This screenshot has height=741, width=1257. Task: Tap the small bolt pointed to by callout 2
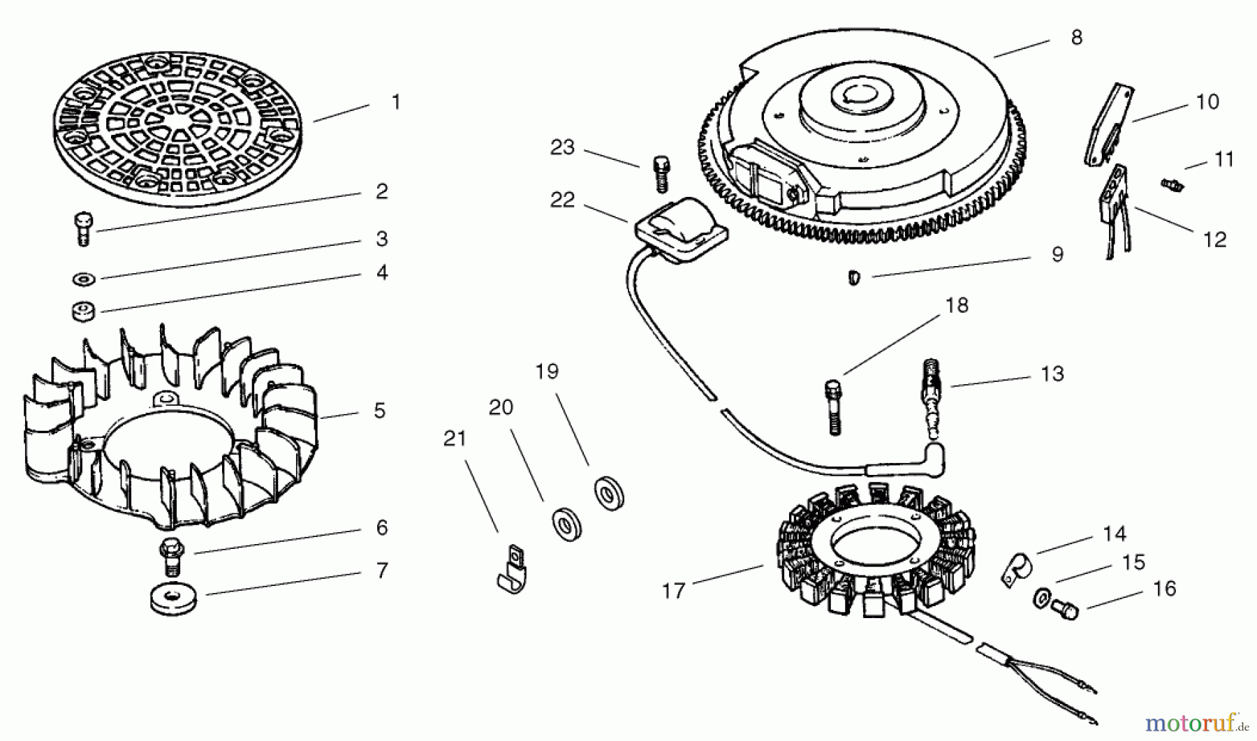[83, 228]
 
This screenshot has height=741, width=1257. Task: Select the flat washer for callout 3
[84, 279]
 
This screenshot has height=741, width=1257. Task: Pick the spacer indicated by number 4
[84, 311]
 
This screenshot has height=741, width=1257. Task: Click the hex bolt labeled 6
[171, 557]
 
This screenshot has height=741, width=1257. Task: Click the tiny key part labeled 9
[854, 277]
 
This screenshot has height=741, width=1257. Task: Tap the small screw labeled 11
[1172, 185]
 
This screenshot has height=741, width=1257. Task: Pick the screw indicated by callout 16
[1064, 610]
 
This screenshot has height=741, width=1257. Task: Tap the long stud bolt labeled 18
[834, 408]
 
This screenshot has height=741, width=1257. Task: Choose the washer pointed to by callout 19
[609, 493]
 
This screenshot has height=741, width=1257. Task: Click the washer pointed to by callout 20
[566, 524]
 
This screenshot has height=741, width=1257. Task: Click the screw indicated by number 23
[661, 173]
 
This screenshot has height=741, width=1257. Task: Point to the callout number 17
[673, 592]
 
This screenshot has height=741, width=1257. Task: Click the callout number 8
[1076, 38]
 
